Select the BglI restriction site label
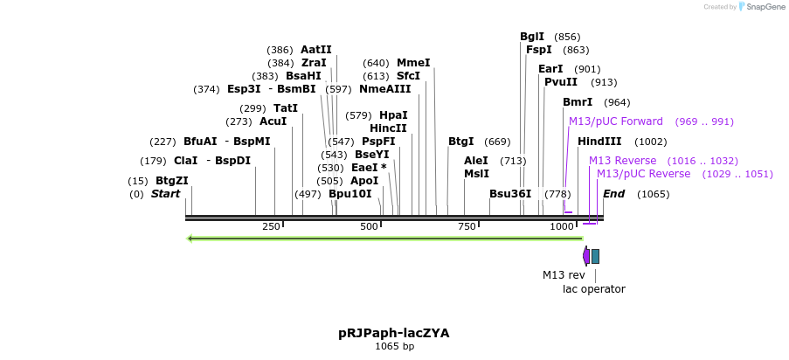(531, 37)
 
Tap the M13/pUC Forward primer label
(615, 121)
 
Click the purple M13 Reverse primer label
(622, 161)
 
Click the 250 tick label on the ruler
(271, 227)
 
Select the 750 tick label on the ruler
(467, 227)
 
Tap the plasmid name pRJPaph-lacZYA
(393, 333)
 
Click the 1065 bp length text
(394, 347)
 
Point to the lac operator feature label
(593, 289)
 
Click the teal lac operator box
(595, 256)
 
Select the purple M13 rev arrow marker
(585, 256)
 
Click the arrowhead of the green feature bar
(190, 238)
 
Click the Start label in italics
(165, 194)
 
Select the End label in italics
(613, 194)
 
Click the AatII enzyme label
(315, 50)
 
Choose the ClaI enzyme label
(185, 161)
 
